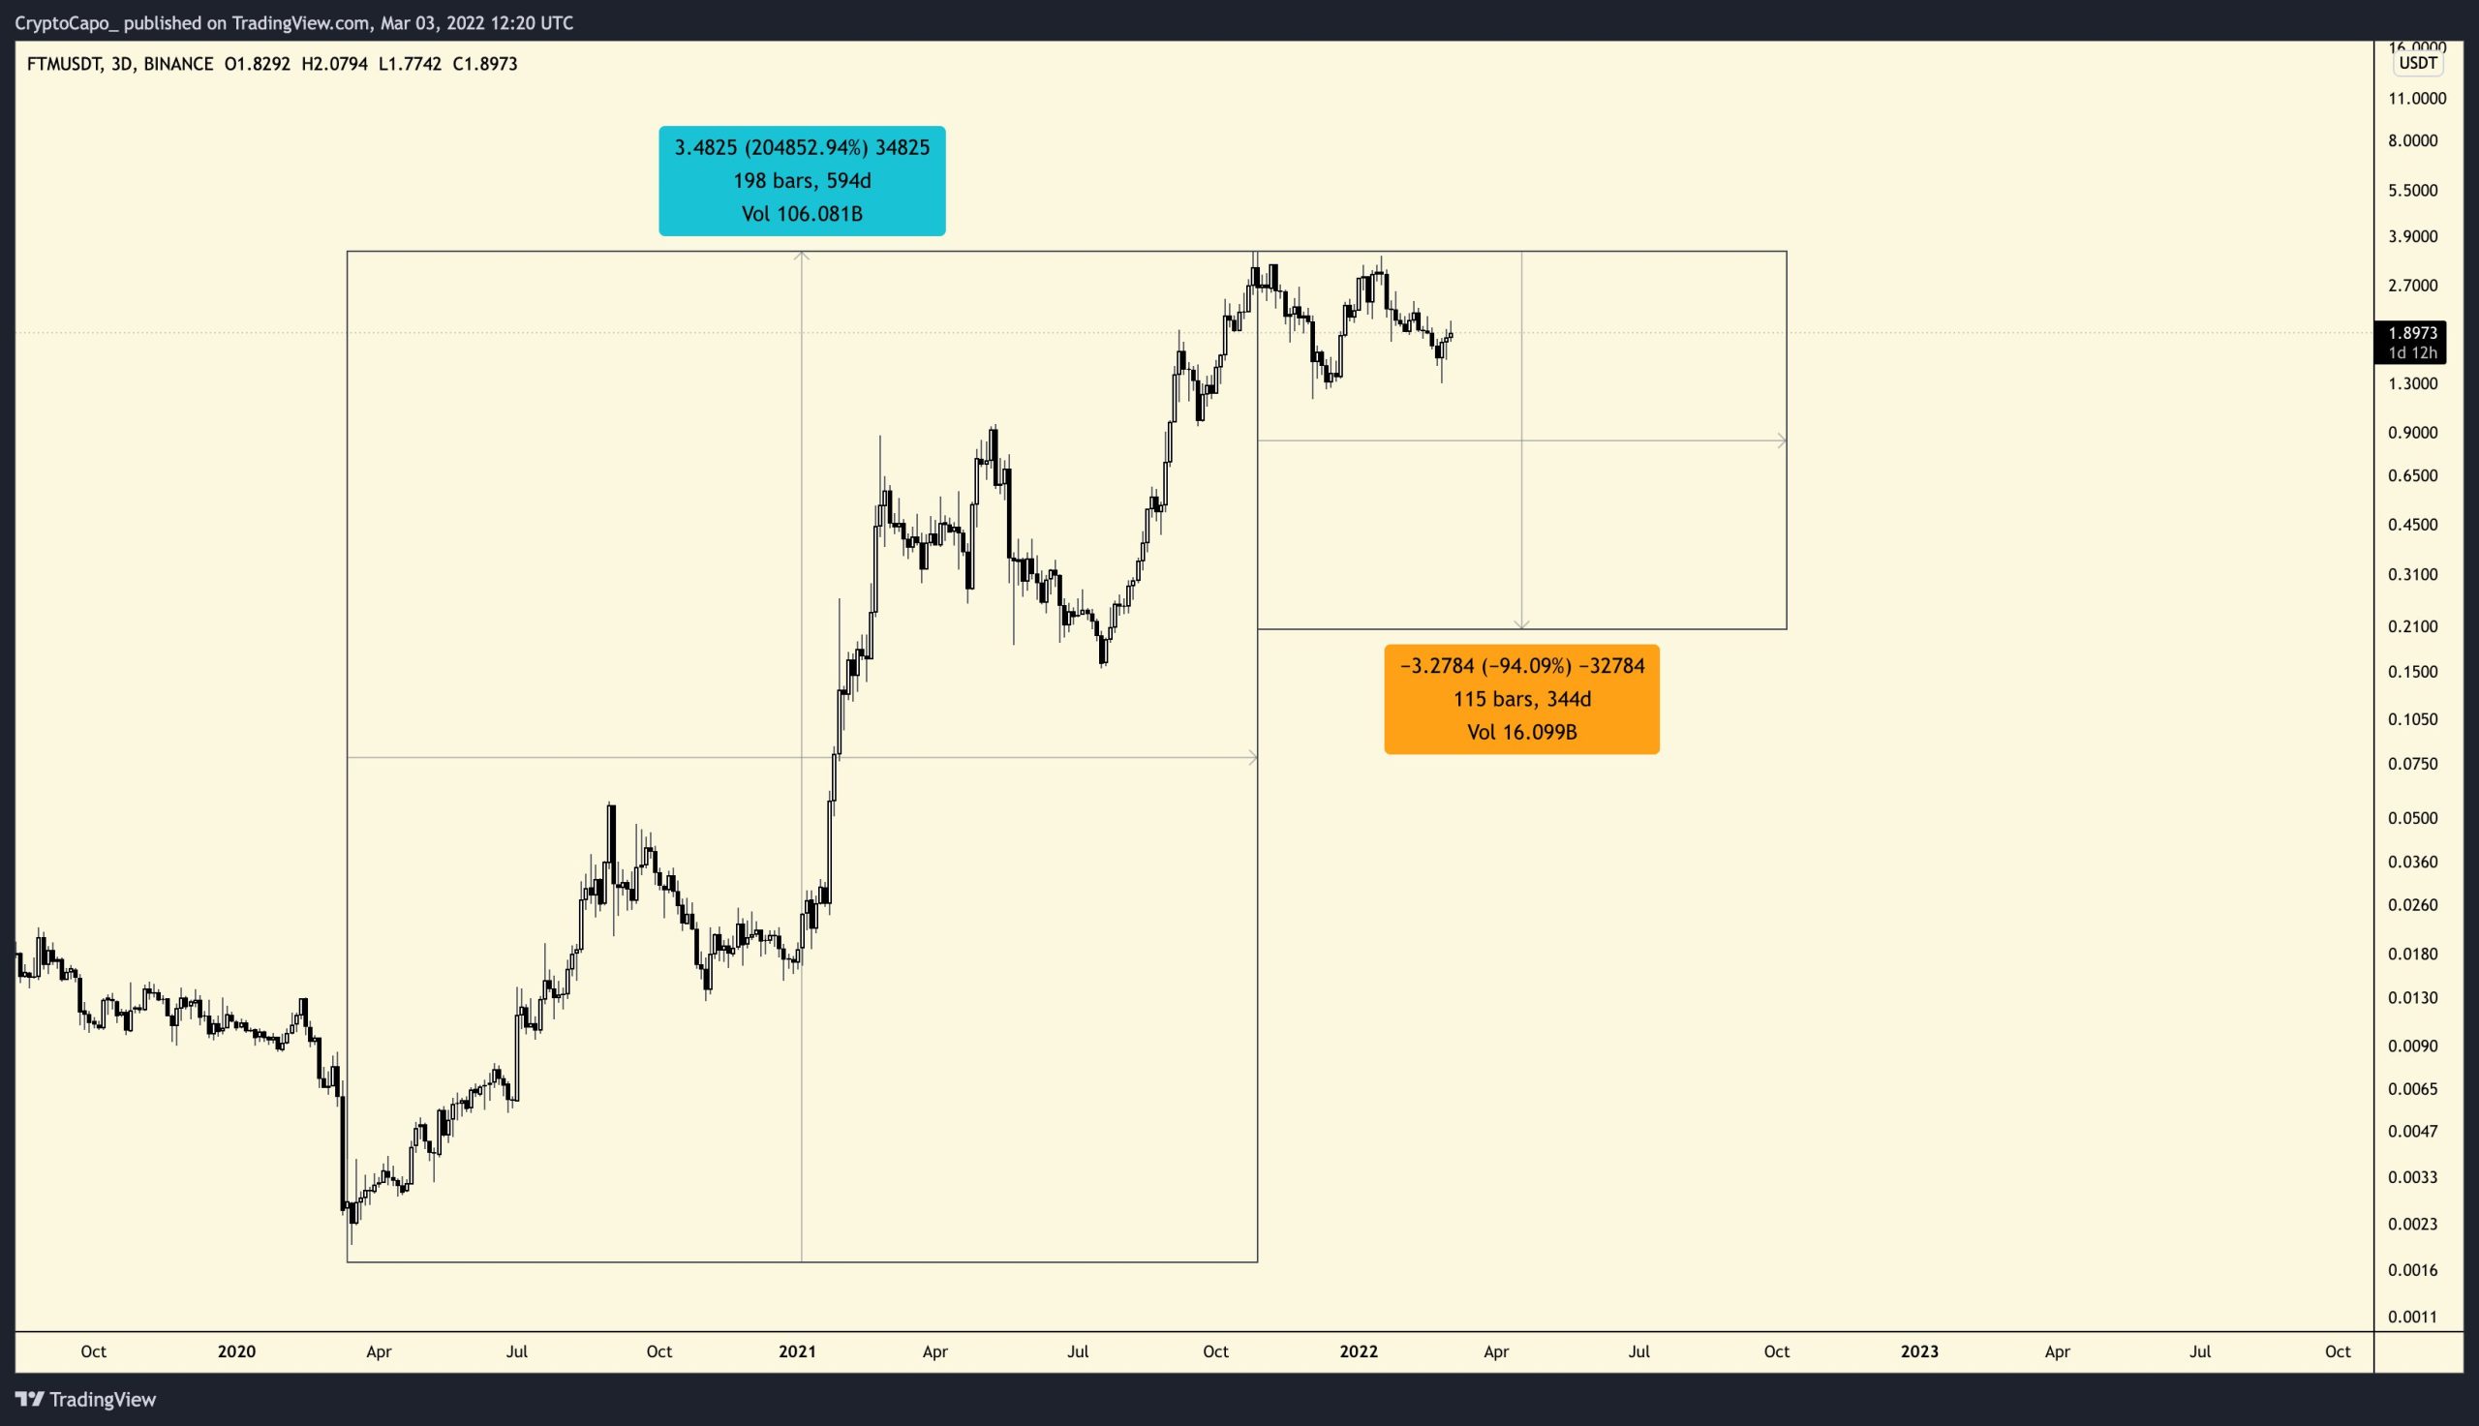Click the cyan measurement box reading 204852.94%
tap(801, 180)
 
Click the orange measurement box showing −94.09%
tap(1521, 698)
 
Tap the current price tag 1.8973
tap(2411, 333)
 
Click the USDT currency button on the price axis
tap(2416, 64)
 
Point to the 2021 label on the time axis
tap(796, 1351)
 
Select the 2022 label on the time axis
tap(1358, 1351)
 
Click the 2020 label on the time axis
tap(236, 1351)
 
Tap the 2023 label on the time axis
tap(1918, 1351)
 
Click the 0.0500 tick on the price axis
tap(2412, 818)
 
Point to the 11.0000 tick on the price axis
tap(2416, 98)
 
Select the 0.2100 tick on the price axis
tap(2412, 625)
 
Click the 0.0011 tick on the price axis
tap(2412, 1317)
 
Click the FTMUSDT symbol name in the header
tap(64, 64)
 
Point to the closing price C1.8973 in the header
tap(485, 64)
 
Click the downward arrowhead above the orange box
tap(1521, 623)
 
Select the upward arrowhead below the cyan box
tap(801, 257)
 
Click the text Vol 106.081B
tap(801, 214)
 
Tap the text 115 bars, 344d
tap(1521, 698)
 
